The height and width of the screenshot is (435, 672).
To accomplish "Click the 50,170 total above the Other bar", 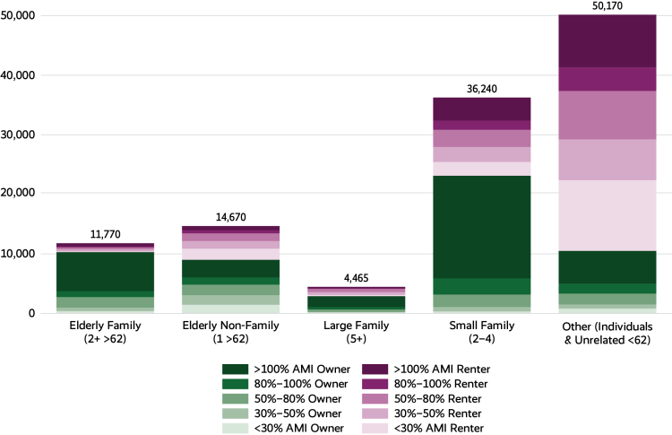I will point(607,6).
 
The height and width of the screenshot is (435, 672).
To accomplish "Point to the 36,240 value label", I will point(482,89).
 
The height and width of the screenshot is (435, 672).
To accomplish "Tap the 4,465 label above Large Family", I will point(357,278).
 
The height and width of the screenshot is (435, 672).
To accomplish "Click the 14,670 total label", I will point(231,218).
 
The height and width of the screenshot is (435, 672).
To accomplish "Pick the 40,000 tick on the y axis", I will point(19,75).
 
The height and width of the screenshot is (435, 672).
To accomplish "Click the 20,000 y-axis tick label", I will point(19,194).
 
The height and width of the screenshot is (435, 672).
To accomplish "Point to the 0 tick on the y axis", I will point(31,313).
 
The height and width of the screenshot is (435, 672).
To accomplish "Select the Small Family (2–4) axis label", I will point(482,334).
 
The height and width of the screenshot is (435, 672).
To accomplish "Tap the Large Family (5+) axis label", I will point(357,334).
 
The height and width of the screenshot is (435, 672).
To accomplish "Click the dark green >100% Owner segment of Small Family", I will point(482,226).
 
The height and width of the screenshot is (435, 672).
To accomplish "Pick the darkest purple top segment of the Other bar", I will point(607,40).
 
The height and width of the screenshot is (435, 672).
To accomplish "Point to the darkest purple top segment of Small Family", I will point(482,109).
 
